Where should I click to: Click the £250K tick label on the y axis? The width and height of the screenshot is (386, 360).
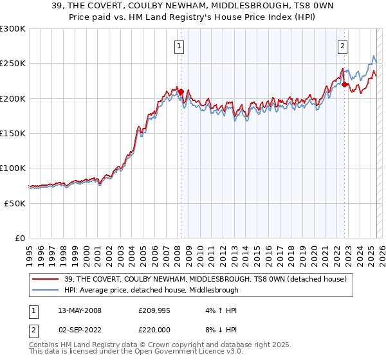(12, 64)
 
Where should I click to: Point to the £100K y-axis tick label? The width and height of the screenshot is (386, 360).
(12, 168)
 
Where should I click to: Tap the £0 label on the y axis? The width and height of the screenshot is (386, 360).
(19, 238)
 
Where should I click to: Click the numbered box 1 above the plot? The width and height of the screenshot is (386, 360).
(178, 46)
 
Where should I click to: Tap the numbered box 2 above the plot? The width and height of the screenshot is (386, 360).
(343, 46)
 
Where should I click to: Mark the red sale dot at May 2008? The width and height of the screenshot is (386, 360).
(181, 91)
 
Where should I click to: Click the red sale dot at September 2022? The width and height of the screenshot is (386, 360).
(345, 84)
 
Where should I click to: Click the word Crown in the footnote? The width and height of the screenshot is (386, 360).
(163, 345)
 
